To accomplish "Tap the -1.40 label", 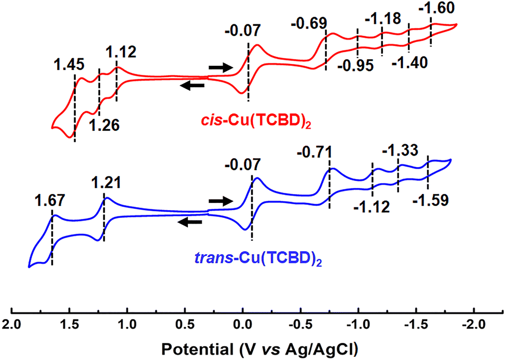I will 410,63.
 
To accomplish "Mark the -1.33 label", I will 399,151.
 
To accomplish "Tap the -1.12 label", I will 371,207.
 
